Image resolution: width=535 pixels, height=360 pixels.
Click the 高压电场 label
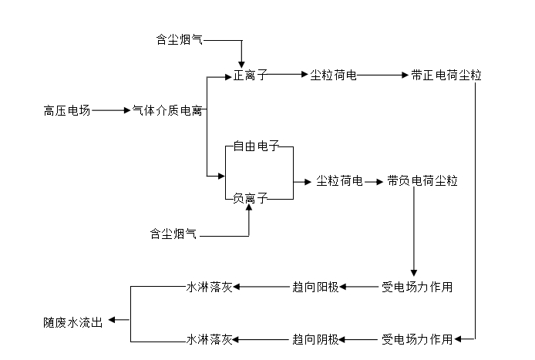pos(67,111)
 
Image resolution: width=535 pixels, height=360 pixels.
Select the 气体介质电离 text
pos(167,111)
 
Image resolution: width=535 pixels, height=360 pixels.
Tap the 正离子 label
pos(251,76)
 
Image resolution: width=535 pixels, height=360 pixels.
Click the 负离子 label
pos(251,199)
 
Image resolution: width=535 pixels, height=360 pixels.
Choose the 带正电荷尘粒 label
pos(446,76)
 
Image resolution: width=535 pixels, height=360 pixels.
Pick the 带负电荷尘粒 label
pos(422,181)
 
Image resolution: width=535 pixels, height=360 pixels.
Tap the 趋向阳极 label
pos(315,288)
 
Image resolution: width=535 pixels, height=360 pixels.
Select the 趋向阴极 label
pos(315,339)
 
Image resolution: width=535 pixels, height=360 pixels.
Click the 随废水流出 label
pos(72,321)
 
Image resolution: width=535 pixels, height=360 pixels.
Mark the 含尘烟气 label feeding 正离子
pos(175,39)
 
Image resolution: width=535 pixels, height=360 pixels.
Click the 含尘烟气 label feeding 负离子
pos(173,233)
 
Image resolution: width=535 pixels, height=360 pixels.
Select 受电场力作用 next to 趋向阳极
pos(417,288)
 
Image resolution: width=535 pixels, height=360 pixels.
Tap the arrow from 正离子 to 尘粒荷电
pos(288,76)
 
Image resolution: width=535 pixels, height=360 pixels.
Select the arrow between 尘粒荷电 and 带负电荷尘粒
pos(374,182)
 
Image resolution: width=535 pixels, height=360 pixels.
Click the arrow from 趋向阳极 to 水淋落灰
pos(262,288)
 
